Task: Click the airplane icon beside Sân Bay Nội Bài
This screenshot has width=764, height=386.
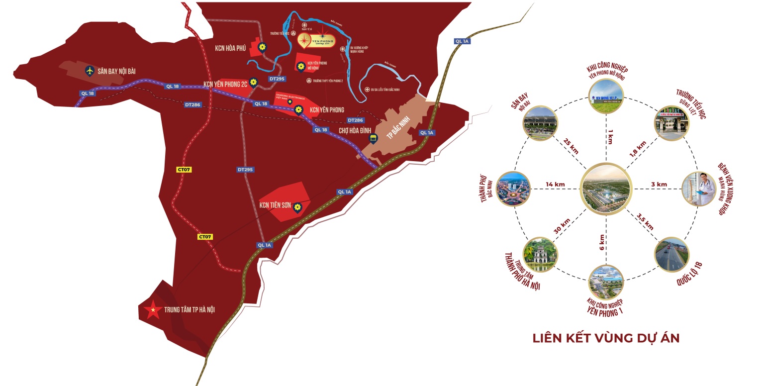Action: point(90,71)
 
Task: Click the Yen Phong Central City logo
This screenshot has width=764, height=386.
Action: point(316,38)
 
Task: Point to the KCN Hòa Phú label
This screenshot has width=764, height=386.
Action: point(231,48)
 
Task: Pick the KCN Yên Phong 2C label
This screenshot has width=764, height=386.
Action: point(225,84)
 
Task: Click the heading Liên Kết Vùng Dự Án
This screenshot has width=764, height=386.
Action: point(606,338)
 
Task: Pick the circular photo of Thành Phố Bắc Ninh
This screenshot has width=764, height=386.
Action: point(513,189)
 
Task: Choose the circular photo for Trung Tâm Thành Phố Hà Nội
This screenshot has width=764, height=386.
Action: point(540,254)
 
